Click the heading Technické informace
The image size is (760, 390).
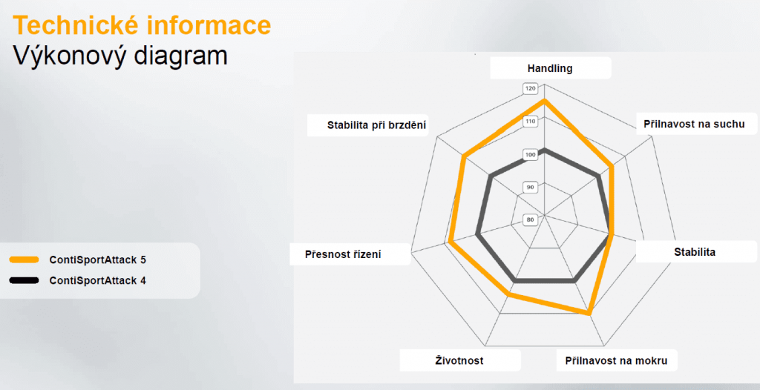tap(142, 25)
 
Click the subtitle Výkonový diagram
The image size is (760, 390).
tap(120, 56)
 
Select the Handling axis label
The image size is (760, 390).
tap(550, 68)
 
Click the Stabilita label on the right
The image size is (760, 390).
tap(694, 252)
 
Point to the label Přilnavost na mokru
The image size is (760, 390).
tap(616, 360)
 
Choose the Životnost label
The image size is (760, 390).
tap(459, 360)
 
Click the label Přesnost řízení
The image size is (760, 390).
tap(343, 254)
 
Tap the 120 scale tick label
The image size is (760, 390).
tap(530, 89)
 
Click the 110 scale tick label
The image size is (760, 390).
tap(530, 122)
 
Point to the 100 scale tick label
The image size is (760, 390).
tap(530, 154)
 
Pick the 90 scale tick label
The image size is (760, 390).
tap(530, 187)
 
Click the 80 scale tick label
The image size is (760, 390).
tap(530, 219)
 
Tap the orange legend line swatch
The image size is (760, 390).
tap(24, 260)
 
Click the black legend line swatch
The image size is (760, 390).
tap(24, 281)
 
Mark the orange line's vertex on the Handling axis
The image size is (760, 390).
tap(544, 100)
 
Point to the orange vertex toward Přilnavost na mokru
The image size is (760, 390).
tap(590, 313)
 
